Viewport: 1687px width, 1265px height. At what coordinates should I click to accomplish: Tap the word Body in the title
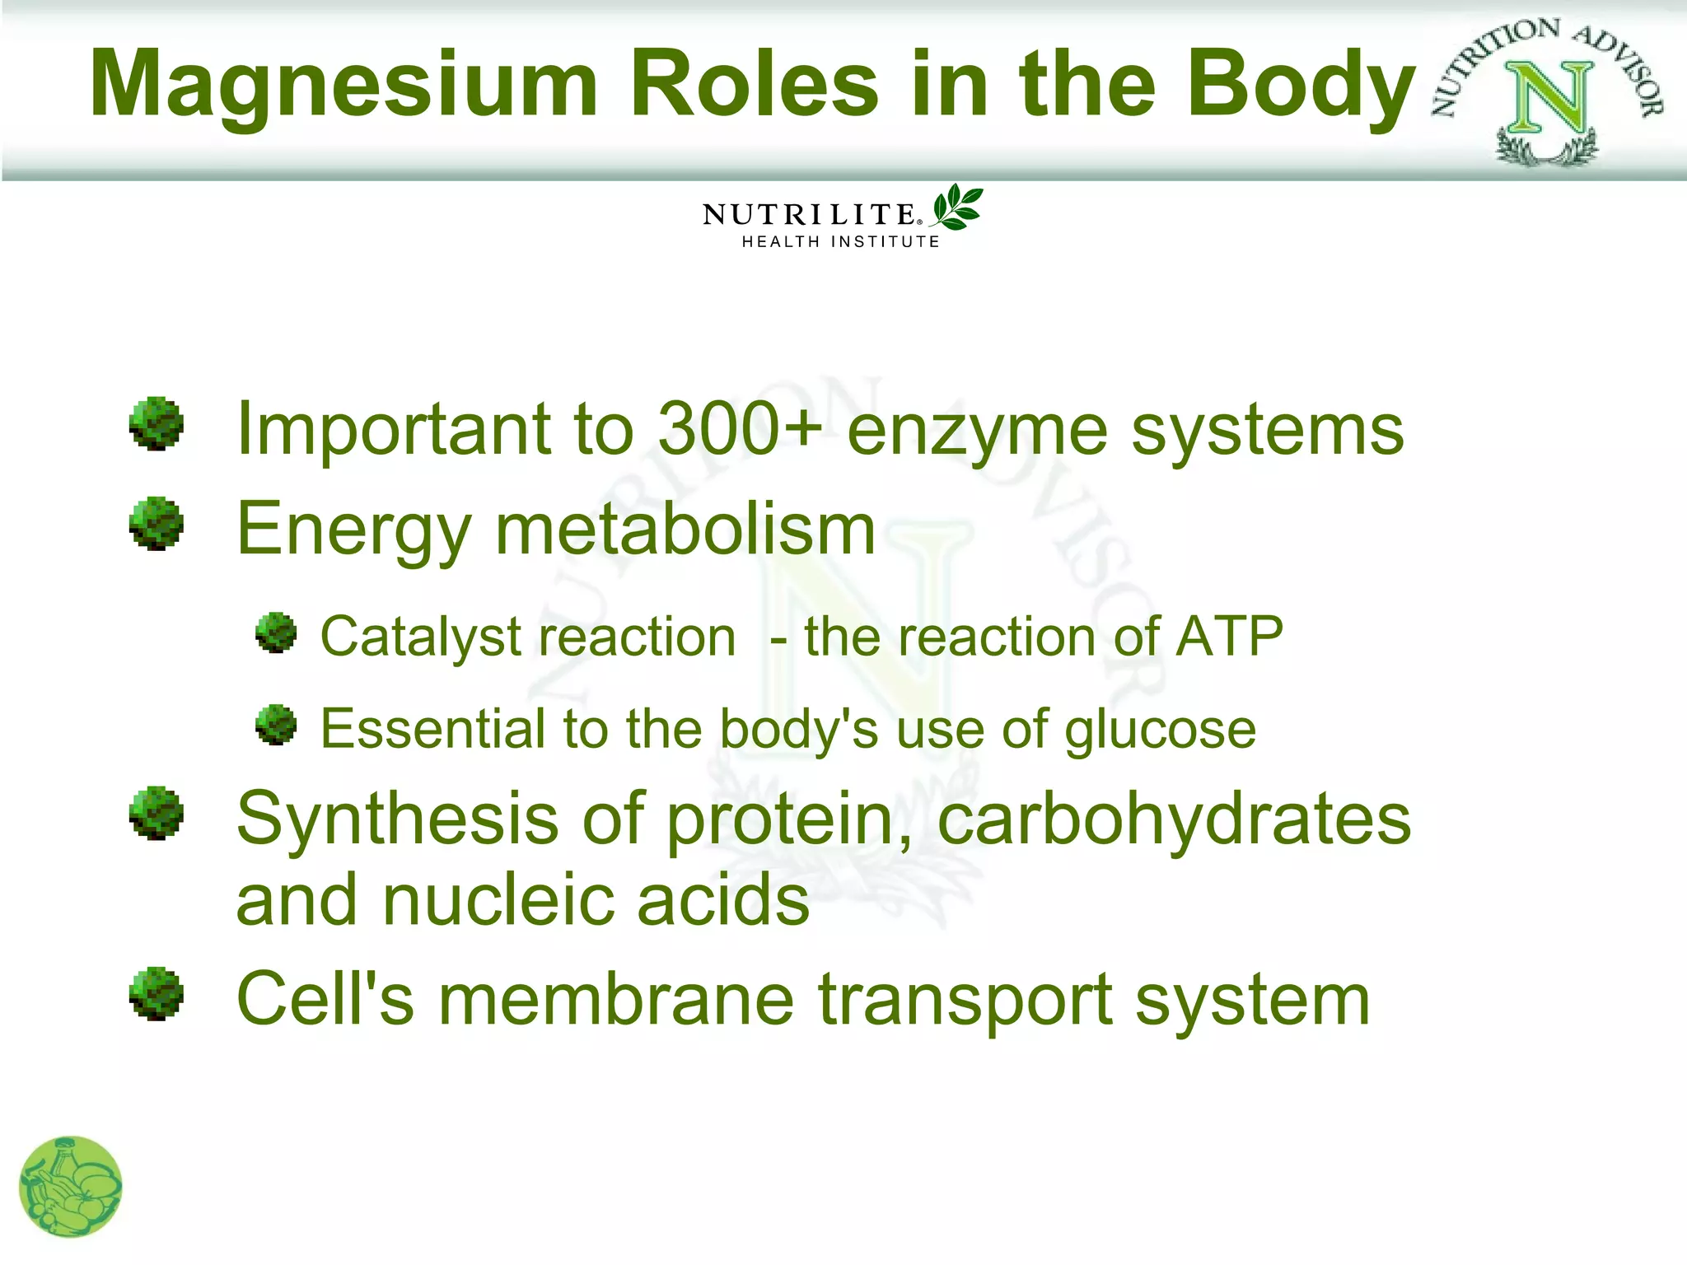coord(1301,85)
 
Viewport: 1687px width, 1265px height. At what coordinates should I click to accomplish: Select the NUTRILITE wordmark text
coord(809,215)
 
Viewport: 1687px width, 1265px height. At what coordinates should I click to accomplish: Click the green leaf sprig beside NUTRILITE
coord(956,207)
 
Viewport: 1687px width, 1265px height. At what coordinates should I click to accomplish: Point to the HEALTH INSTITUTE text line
coord(840,241)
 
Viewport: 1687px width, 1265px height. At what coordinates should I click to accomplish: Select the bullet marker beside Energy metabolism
coord(156,524)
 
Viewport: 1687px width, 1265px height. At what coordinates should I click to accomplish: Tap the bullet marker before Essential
coord(276,725)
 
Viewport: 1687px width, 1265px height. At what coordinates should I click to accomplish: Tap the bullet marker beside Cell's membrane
coord(156,994)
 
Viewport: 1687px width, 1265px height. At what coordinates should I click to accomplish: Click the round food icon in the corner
coord(70,1187)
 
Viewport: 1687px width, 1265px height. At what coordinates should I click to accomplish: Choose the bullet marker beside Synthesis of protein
coord(156,814)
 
